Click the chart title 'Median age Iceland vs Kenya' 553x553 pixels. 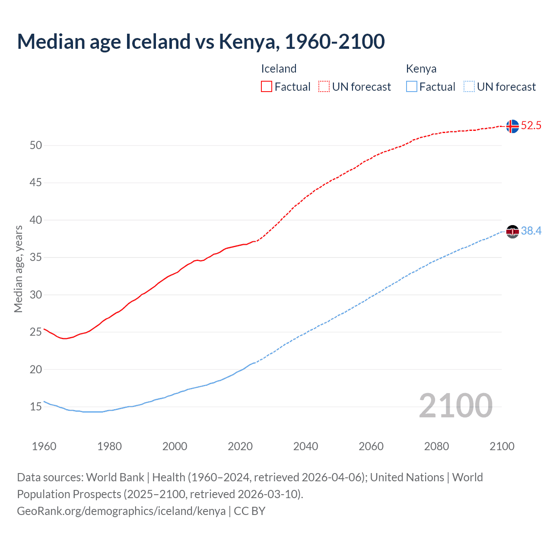click(200, 41)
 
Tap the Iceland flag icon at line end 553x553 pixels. click(512, 126)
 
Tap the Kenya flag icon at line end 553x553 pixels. click(512, 232)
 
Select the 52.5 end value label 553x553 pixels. click(531, 126)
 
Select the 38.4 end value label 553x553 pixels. click(531, 231)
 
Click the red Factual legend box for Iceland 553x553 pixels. click(267, 87)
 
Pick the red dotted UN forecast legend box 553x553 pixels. click(324, 87)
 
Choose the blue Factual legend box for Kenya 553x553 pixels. click(411, 87)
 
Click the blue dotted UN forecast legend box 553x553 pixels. click(469, 87)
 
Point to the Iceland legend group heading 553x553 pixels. click(279, 69)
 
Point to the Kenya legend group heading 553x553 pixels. click(421, 69)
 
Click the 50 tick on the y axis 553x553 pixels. click(36, 146)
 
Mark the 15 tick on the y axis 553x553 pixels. click(36, 407)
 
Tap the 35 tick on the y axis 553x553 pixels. click(36, 257)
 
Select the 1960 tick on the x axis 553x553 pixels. click(44, 446)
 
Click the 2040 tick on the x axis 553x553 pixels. click(305, 446)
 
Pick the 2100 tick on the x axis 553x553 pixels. click(502, 446)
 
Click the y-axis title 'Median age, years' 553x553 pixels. click(18, 269)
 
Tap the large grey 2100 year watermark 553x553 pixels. click(455, 406)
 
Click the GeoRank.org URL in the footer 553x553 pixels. click(121, 511)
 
